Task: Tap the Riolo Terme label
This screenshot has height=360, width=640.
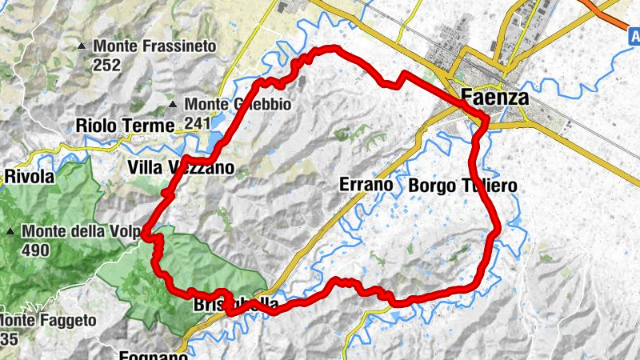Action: pos(124,126)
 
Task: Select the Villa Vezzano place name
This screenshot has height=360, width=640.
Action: pos(180,168)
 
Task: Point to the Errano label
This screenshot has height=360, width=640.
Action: pos(366,186)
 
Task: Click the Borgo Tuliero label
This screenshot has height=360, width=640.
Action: pos(462,186)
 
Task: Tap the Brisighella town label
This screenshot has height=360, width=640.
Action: pos(236,305)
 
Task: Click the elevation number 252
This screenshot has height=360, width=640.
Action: pos(106,65)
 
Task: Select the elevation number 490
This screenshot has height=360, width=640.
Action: pos(36,250)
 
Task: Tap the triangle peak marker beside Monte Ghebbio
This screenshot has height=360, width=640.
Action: pos(172,105)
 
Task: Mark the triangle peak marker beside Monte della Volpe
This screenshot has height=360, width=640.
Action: pos(10,232)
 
